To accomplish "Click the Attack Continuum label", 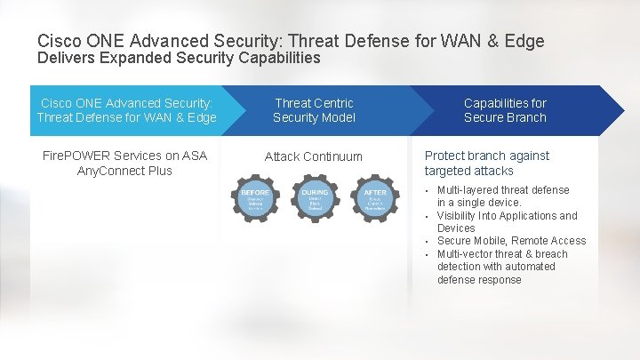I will pyautogui.click(x=314, y=156).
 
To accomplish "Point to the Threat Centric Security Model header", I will pyautogui.click(x=314, y=110).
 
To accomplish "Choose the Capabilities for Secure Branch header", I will pyautogui.click(x=505, y=110).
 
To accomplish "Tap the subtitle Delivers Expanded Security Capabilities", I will pyautogui.click(x=179, y=58).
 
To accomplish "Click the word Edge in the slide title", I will pyautogui.click(x=524, y=41).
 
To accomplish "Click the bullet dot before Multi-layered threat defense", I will pyautogui.click(x=427, y=190).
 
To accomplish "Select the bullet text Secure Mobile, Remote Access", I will pyautogui.click(x=511, y=241).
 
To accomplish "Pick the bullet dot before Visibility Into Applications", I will pyautogui.click(x=427, y=216).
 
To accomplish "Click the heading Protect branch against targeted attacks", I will pyautogui.click(x=486, y=163).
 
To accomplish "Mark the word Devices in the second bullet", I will pyautogui.click(x=456, y=228).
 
